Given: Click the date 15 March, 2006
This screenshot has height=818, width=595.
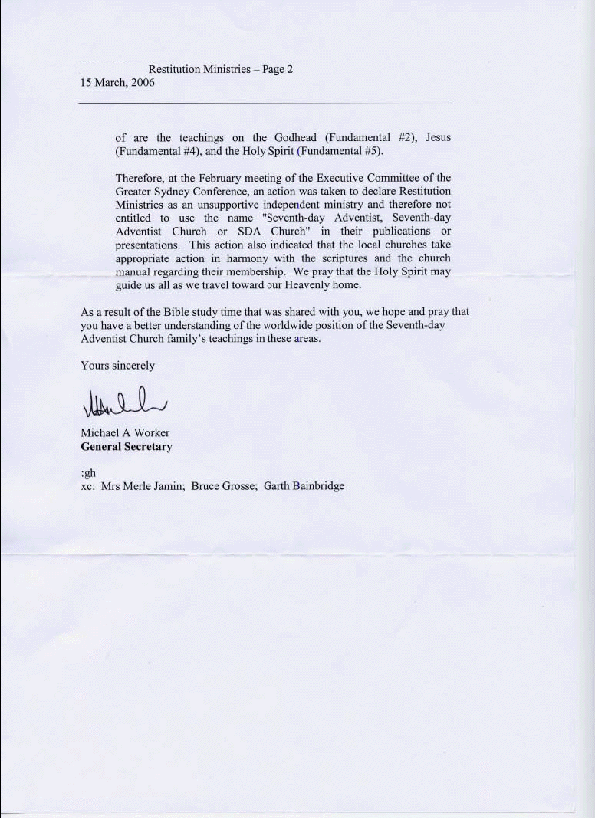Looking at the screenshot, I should coord(117,83).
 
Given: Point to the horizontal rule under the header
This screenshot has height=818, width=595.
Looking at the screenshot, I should coord(265,103).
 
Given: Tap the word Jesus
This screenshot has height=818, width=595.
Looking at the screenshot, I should coord(439,138).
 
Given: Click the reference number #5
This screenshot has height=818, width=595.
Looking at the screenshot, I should coord(371,151).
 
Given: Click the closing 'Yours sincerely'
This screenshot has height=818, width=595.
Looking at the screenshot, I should coord(117,366).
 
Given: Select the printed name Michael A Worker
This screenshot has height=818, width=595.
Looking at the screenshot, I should coord(125,433).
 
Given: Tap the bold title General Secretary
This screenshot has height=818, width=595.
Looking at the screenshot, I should coord(127,447).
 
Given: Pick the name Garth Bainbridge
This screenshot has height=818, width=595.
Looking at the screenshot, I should coord(304,486).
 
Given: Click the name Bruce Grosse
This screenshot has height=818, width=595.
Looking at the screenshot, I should coord(223,486).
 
